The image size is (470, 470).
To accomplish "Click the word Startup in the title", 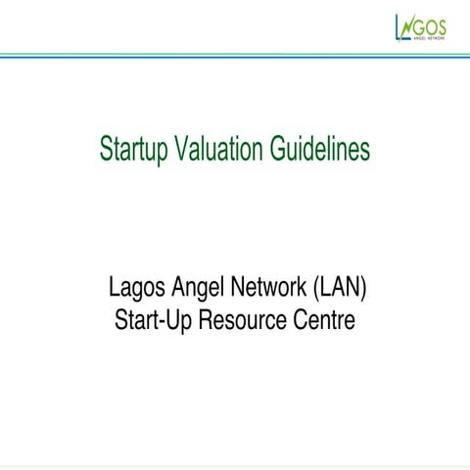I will click(133, 149).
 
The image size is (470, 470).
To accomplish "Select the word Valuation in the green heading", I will click(218, 149).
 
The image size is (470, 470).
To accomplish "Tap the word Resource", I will click(241, 319).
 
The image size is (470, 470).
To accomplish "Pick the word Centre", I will click(320, 319).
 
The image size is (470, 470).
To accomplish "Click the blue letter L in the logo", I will click(398, 27).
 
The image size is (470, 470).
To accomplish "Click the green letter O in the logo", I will click(430, 24).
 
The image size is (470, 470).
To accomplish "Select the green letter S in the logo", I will click(442, 24).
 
